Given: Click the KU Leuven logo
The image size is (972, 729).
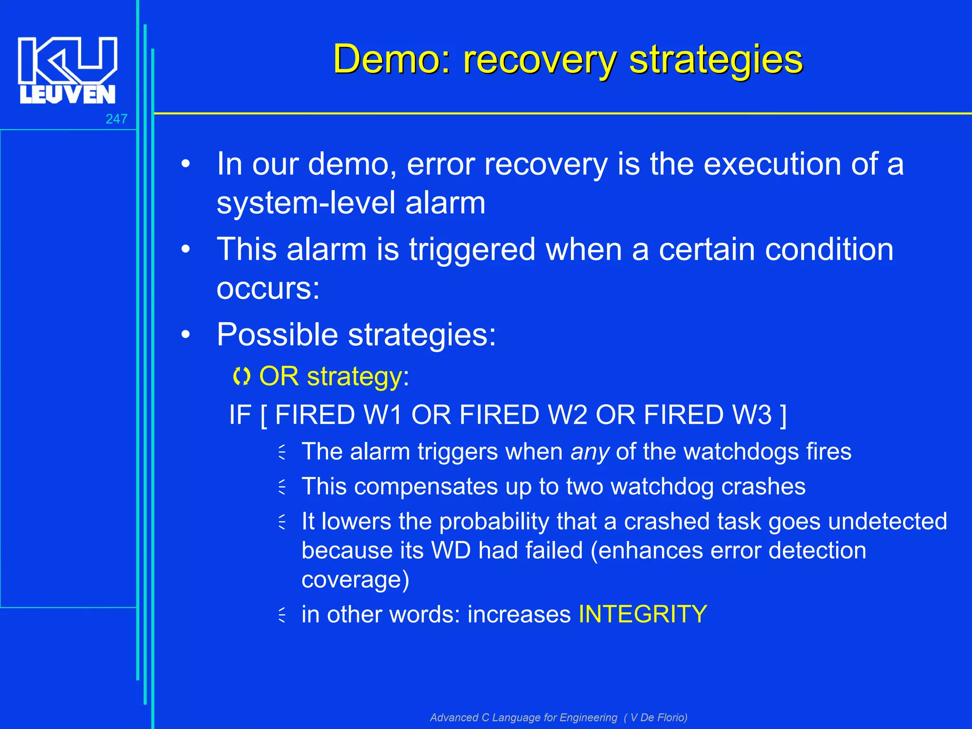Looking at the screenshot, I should [x=67, y=70].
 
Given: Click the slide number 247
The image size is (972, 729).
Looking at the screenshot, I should [x=116, y=119].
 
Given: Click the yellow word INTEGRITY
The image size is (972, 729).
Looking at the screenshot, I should [x=643, y=614].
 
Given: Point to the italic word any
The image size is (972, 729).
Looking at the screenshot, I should [x=589, y=452].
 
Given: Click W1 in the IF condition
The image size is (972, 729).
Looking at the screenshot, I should [x=383, y=415].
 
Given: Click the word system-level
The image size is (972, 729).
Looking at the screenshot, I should [x=306, y=203].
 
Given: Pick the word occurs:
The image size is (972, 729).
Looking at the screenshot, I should [x=268, y=288].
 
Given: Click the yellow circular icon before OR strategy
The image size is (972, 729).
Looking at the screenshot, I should [x=242, y=377].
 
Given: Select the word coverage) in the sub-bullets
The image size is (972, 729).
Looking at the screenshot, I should [x=355, y=579].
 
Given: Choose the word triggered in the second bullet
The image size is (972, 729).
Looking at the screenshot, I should [x=472, y=250].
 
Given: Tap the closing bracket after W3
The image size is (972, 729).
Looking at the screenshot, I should [x=783, y=415].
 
